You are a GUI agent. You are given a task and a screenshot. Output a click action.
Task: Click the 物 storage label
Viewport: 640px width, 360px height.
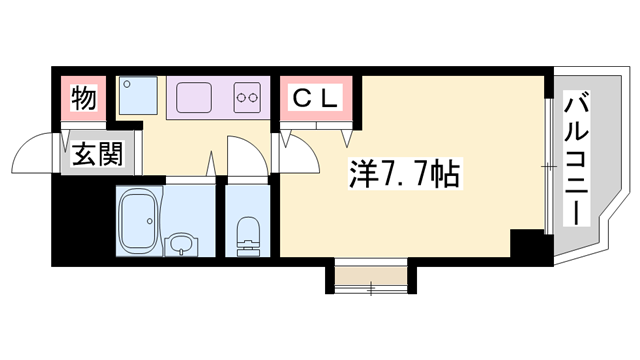pos(84,99)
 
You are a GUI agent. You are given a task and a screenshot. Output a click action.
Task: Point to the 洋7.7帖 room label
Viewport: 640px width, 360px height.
pos(404,176)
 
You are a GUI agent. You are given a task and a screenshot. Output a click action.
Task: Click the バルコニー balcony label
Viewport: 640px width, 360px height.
pos(577,157)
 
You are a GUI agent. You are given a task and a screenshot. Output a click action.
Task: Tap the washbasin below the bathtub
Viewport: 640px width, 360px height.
pos(180,245)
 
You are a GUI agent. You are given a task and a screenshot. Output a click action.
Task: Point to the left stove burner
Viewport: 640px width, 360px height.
pos(241,98)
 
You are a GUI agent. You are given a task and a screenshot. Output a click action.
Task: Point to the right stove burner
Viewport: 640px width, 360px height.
pos(256,98)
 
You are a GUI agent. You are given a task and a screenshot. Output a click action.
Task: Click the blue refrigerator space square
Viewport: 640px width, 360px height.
pos(133,96)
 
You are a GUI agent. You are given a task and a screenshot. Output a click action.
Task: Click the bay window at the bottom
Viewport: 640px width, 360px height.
pos(369,283)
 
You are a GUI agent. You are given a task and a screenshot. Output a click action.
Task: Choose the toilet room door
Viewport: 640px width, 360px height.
pos(244,160)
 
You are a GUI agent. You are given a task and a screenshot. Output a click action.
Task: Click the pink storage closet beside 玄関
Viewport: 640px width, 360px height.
pos(84,99)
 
